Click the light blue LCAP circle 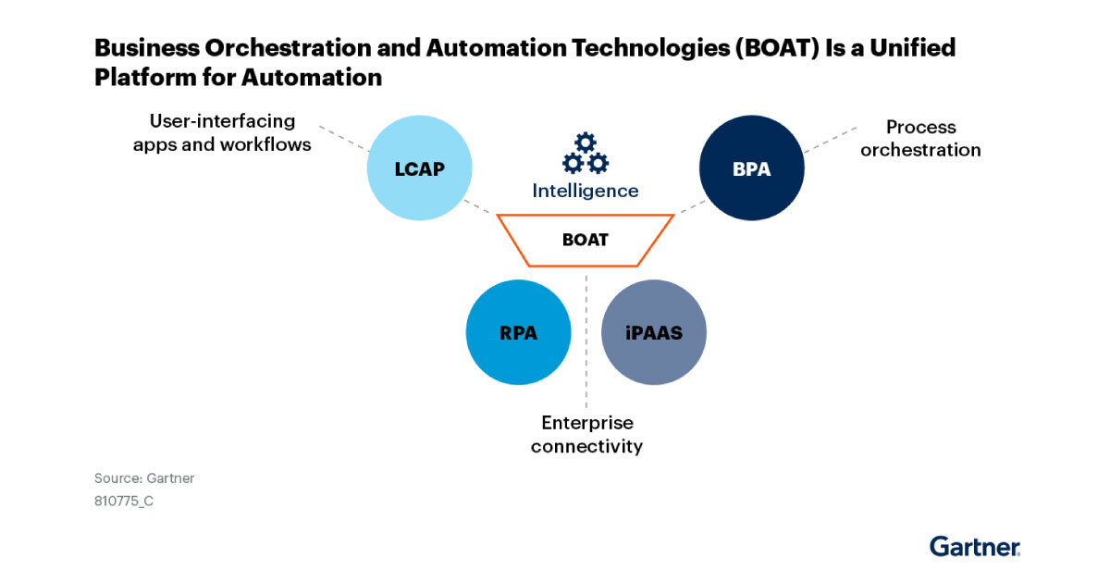420,168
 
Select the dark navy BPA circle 752,168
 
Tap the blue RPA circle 518,331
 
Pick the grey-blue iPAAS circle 654,331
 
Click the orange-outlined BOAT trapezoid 585,240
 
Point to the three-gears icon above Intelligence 585,154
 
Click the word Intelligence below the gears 585,191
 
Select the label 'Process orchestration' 919,138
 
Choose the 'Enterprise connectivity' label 586,434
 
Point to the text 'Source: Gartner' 144,478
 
